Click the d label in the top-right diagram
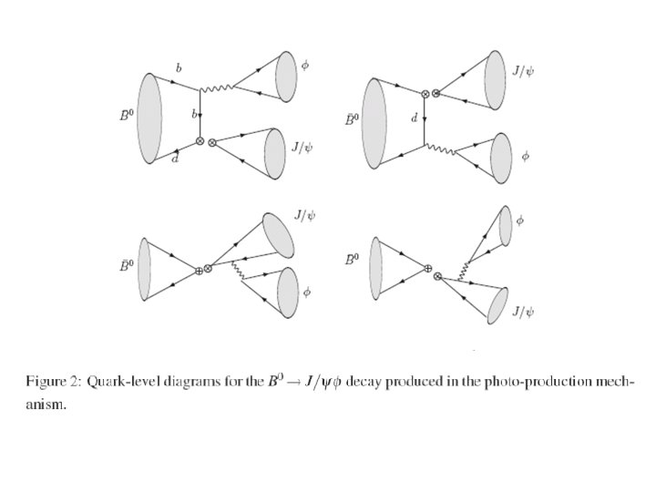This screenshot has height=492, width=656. point(415,118)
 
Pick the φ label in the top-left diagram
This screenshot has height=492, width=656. point(306,67)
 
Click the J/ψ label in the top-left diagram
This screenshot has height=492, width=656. point(301,144)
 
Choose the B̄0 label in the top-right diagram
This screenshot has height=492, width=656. point(352,118)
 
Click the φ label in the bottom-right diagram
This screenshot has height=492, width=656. point(521,220)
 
